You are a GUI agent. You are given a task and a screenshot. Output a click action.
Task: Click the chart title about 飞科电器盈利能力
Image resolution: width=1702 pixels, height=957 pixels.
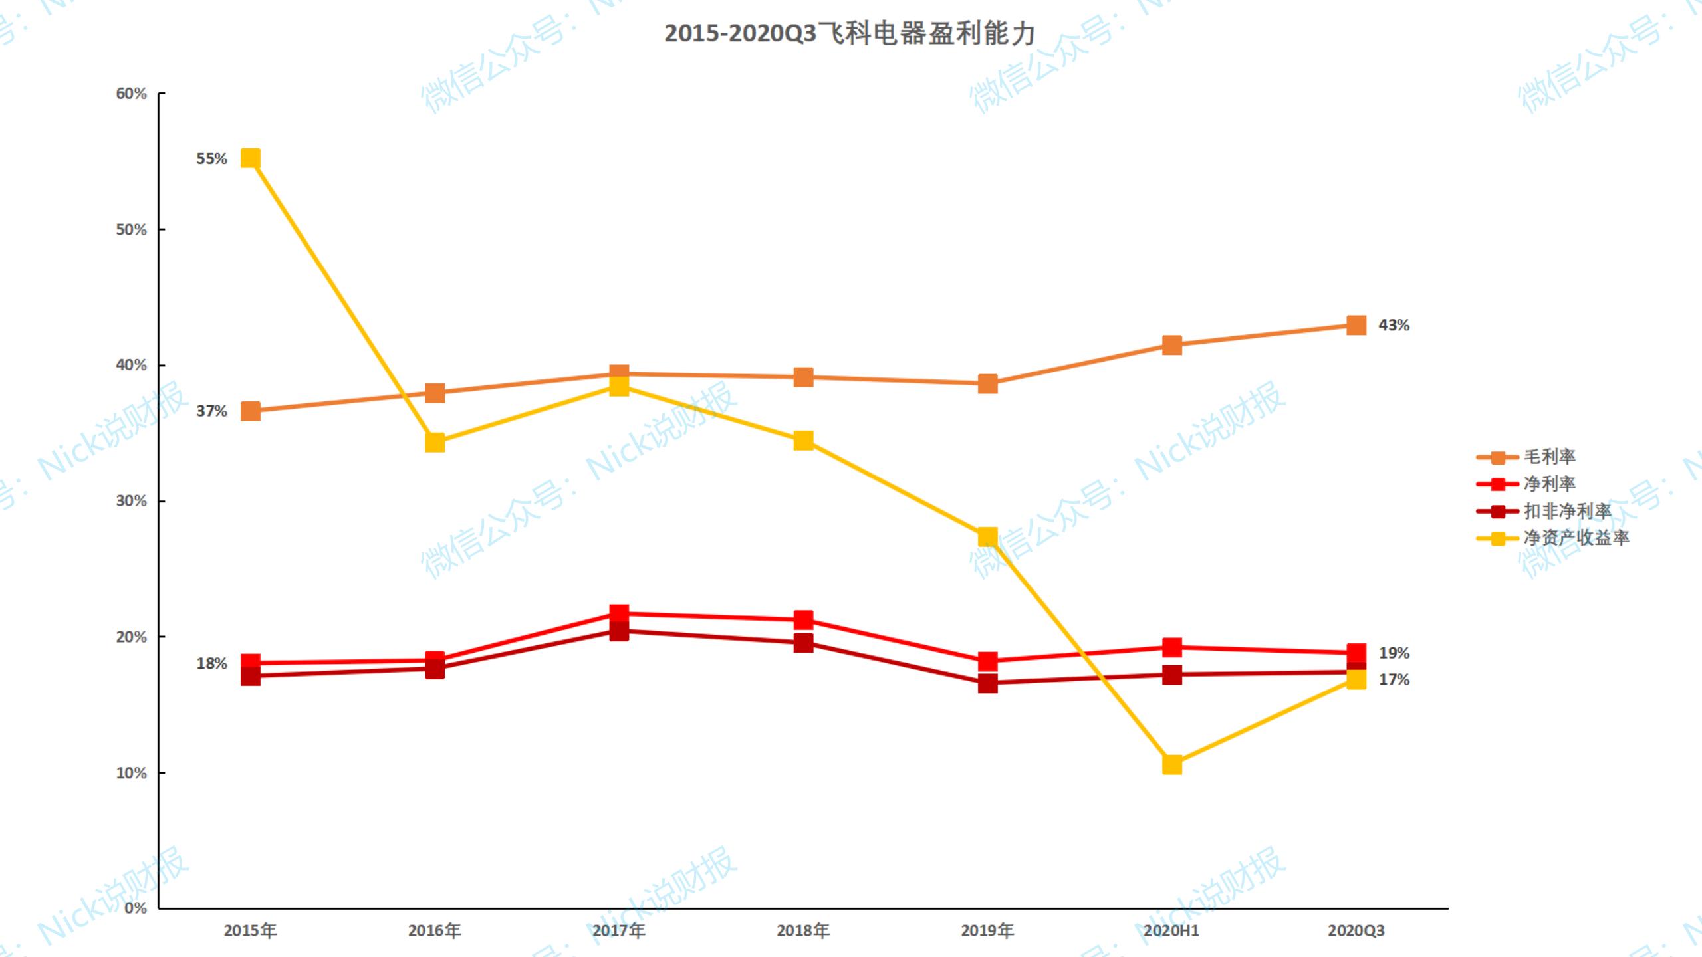(850, 33)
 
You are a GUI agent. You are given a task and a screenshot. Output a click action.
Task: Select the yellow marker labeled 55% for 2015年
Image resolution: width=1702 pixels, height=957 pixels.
(250, 158)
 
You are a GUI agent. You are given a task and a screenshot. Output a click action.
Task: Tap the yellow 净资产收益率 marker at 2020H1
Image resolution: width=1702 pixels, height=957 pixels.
(1172, 764)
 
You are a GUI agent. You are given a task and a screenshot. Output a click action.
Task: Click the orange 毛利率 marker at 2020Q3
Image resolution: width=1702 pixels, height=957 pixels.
(1356, 325)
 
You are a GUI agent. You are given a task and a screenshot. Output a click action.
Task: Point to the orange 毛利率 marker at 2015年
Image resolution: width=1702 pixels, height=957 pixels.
(250, 411)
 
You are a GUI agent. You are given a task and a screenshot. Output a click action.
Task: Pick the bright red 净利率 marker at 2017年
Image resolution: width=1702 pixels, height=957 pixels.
(619, 613)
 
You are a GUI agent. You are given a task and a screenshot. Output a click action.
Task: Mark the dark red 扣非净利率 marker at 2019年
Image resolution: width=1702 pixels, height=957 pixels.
(988, 683)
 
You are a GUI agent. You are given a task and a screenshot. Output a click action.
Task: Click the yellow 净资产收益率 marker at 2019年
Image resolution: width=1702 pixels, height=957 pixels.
(988, 536)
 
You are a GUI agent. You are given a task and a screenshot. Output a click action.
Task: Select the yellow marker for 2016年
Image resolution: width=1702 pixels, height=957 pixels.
(435, 442)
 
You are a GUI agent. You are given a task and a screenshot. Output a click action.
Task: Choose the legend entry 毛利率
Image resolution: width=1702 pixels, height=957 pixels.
(1549, 457)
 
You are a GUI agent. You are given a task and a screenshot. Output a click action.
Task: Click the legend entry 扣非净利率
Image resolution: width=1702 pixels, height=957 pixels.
(1567, 511)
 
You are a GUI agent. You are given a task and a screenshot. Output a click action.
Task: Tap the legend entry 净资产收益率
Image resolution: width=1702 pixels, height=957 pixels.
(1576, 538)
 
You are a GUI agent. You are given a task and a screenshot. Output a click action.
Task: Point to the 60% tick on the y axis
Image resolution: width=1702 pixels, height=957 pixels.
(131, 94)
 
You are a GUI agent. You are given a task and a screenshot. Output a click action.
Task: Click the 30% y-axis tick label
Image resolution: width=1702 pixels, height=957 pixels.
(131, 501)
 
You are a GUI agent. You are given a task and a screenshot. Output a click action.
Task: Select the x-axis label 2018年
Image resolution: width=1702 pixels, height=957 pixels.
(803, 930)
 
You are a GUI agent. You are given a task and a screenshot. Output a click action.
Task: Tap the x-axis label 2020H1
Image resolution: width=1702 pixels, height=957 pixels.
(1171, 930)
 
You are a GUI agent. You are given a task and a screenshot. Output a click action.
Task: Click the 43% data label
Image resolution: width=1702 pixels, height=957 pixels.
(1394, 325)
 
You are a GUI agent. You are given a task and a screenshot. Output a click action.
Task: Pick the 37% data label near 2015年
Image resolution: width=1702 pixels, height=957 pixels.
(211, 411)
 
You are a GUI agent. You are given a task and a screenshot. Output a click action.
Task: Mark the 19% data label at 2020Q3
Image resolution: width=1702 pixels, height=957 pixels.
(1394, 653)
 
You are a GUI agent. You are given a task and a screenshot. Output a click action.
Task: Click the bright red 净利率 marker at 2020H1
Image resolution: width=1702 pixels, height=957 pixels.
(1172, 647)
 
